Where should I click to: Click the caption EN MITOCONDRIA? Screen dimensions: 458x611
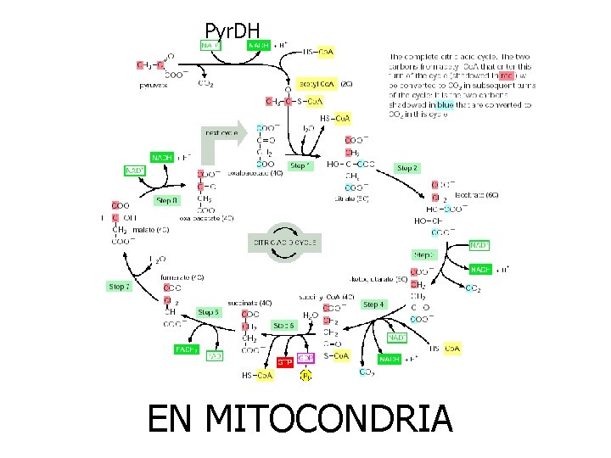pyautogui.click(x=300, y=419)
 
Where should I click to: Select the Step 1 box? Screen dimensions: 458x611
pyautogui.click(x=299, y=166)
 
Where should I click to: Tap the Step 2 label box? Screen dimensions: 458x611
pyautogui.click(x=407, y=168)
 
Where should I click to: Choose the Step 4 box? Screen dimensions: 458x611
pyautogui.click(x=373, y=304)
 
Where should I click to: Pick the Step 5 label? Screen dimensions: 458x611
pyautogui.click(x=210, y=312)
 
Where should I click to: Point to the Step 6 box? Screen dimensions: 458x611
pyautogui.click(x=284, y=325)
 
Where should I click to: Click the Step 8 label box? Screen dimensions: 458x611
pyautogui.click(x=166, y=201)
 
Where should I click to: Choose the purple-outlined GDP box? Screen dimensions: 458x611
pyautogui.click(x=306, y=357)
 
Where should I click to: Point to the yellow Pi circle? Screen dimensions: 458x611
pyautogui.click(x=306, y=374)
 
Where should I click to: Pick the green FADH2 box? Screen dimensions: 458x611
pyautogui.click(x=187, y=349)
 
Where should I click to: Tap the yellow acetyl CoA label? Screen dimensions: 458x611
pyautogui.click(x=316, y=85)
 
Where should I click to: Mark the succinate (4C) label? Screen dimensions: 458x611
pyautogui.click(x=254, y=302)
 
